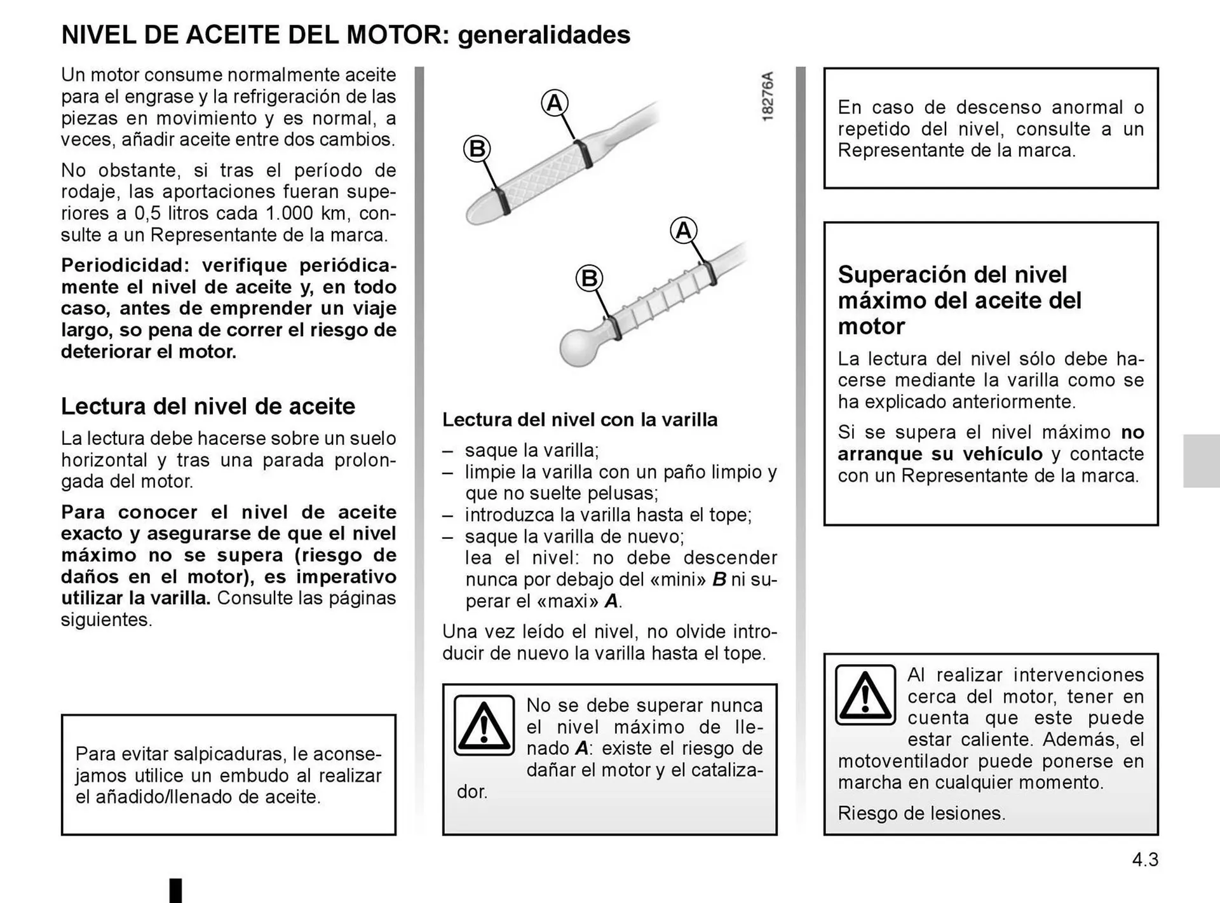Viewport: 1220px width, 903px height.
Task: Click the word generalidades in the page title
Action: coord(544,35)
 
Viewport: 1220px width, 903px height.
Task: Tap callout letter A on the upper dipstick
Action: coord(554,103)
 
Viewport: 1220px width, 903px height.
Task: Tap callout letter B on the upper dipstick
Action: coord(477,149)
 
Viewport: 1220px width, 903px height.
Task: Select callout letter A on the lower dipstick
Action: coord(683,230)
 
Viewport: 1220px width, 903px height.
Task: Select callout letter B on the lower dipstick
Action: coord(589,278)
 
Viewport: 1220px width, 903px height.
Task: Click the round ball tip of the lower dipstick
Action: coord(579,346)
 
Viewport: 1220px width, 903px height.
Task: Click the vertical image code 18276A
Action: coord(768,97)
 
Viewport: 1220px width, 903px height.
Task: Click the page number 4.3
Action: coord(1144,860)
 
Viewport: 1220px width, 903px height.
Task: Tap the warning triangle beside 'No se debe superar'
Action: coord(484,725)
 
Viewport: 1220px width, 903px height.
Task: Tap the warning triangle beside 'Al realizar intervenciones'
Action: coord(865,695)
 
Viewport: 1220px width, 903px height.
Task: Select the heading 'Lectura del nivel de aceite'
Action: coord(208,406)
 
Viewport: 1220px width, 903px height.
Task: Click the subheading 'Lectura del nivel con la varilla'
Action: coord(579,419)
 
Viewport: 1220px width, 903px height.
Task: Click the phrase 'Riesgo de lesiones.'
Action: coord(921,813)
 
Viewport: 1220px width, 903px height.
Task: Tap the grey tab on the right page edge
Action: coord(1201,461)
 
